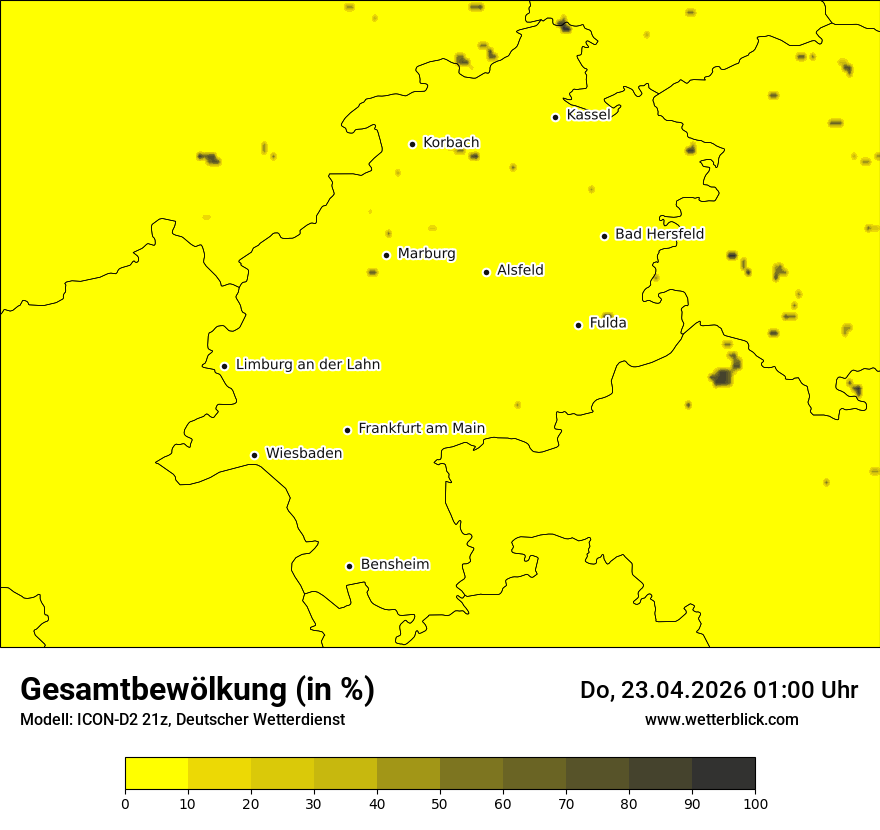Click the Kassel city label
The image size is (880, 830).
tap(588, 115)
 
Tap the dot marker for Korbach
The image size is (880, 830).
tap(412, 144)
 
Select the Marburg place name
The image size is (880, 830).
tap(426, 254)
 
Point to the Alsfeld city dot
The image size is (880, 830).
tap(486, 272)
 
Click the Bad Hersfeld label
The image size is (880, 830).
tap(659, 234)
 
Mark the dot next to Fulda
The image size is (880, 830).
tap(578, 325)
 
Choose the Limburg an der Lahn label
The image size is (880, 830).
tap(308, 365)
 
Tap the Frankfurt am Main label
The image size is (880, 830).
tap(421, 428)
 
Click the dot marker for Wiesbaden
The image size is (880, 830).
tap(254, 455)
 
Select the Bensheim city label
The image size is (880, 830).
tap(394, 564)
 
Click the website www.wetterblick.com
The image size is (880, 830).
tap(722, 719)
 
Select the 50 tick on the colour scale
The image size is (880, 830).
tap(440, 803)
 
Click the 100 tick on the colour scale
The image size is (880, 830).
tap(755, 803)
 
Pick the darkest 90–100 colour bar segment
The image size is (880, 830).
tap(723, 774)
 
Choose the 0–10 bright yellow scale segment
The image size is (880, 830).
tap(156, 774)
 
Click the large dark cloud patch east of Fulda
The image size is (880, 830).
tap(723, 376)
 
